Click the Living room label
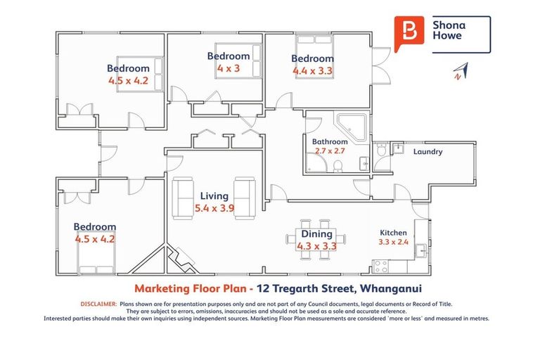(x=214, y=196)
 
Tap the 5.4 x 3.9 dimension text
(x=214, y=208)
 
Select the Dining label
(x=316, y=234)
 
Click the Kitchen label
(x=393, y=233)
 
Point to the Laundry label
(x=427, y=152)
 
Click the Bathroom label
(x=330, y=141)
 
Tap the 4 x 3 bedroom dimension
(x=229, y=68)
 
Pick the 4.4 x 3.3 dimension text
(x=312, y=71)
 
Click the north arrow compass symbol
(x=461, y=71)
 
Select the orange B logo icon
(x=409, y=33)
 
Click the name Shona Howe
(x=449, y=30)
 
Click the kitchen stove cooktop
(x=381, y=266)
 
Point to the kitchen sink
(x=421, y=250)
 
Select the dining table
(x=316, y=240)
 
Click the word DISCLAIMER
(x=99, y=304)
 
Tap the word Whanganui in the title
(x=390, y=288)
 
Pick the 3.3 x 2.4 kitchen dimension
(x=393, y=242)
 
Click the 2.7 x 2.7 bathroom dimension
(x=330, y=151)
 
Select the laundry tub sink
(x=398, y=148)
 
